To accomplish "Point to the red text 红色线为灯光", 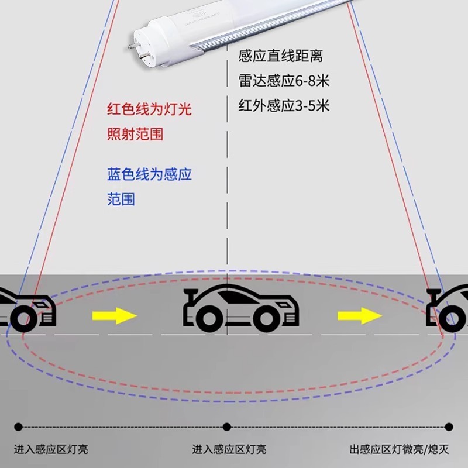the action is tap(150, 109).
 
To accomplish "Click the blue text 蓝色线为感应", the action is tap(150, 174).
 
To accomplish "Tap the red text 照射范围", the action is tap(135, 134).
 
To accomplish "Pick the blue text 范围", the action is tap(121, 199).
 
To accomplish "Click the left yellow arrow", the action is tap(114, 316).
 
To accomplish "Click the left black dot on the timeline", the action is tap(18, 426).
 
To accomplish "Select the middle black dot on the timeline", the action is tap(228, 426).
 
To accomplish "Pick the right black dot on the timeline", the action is tap(449, 426).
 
